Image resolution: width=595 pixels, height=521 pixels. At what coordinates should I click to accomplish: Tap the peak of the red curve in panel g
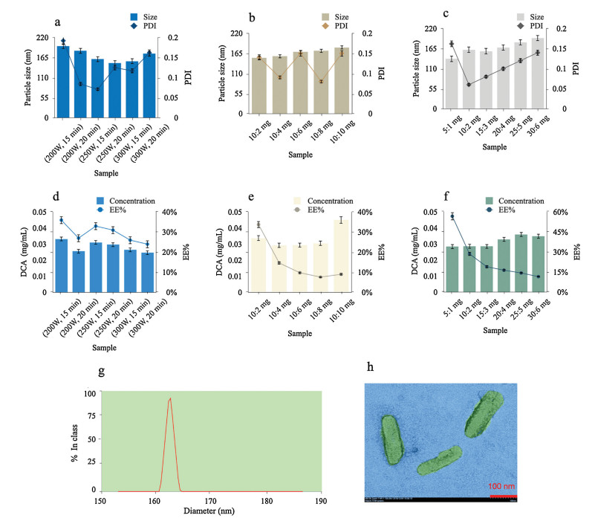point(170,398)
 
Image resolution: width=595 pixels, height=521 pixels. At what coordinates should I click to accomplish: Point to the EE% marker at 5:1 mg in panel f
point(451,216)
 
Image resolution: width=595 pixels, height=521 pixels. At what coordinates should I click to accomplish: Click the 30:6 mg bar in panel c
point(537,73)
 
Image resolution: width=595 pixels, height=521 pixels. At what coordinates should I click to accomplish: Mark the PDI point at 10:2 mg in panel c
point(469,85)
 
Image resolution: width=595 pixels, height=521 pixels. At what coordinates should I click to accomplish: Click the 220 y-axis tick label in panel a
point(40,38)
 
